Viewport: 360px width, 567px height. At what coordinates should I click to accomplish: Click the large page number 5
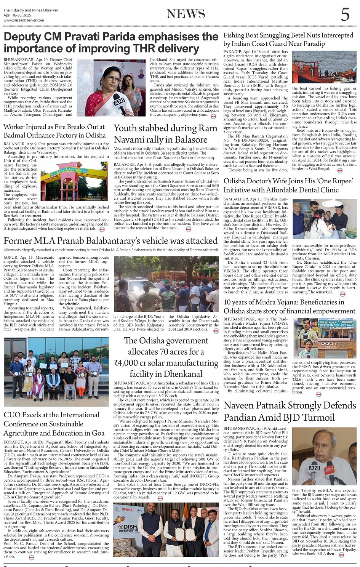(x=345, y=14)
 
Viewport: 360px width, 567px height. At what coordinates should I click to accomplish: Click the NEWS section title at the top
(x=186, y=14)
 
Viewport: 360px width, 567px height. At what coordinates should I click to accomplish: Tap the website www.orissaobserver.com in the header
(x=24, y=20)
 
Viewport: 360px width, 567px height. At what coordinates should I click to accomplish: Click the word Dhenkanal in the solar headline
(x=182, y=374)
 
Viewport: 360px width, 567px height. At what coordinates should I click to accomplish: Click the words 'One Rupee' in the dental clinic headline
(x=336, y=181)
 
